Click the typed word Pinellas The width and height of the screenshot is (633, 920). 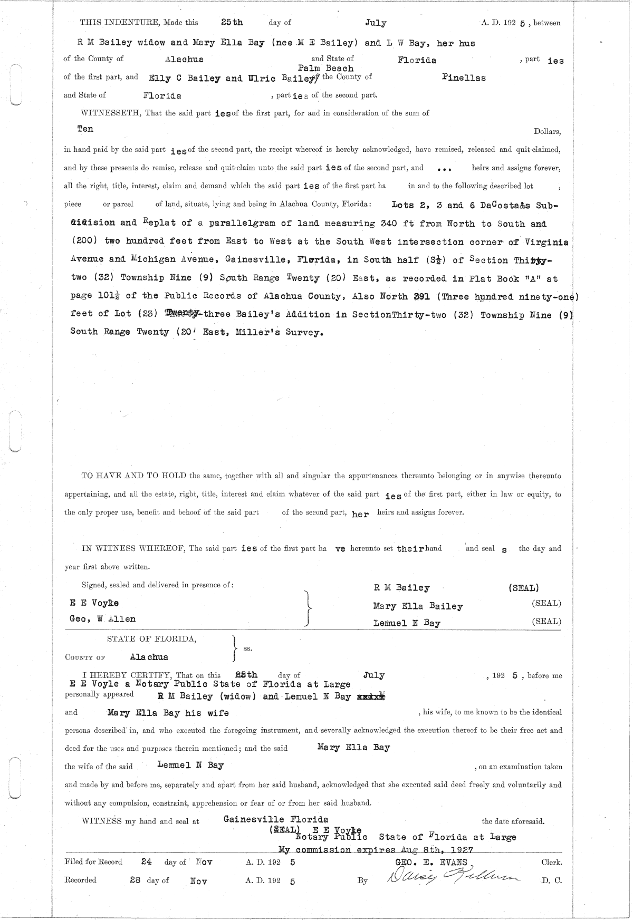(464, 78)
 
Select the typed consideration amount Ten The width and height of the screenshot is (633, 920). (85, 129)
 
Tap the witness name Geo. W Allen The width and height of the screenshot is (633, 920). (102, 619)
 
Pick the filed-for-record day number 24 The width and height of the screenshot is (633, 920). (147, 862)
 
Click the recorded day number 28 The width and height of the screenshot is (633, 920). (136, 880)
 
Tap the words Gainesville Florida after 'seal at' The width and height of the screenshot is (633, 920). (276, 819)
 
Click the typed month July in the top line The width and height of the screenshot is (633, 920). (375, 23)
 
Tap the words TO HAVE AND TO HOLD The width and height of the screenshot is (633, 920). (134, 476)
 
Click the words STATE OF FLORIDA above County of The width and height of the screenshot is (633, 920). (152, 639)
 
